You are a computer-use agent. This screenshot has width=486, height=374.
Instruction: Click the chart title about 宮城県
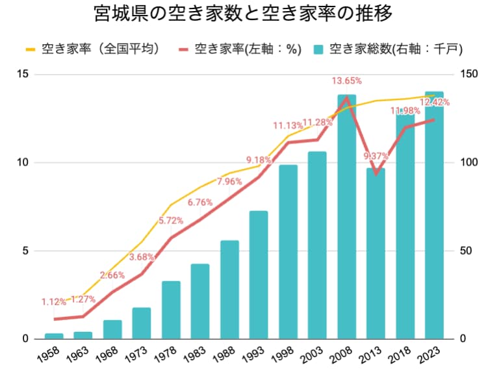[242, 15]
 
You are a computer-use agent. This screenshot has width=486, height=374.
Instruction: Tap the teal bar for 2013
[376, 253]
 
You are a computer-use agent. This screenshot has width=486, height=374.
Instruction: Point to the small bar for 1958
[54, 336]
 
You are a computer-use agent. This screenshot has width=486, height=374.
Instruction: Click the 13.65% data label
[346, 81]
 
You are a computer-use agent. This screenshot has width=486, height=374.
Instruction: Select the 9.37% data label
[376, 156]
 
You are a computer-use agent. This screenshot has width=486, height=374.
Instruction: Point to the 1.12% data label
[54, 302]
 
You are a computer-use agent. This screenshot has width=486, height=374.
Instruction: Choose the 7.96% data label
[229, 181]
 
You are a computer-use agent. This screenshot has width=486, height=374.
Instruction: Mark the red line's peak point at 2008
[346, 97]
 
